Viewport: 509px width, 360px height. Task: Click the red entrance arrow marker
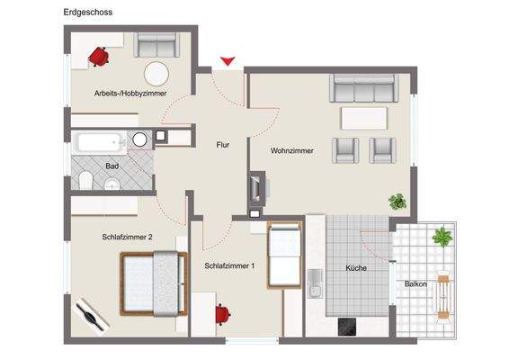pos(228,61)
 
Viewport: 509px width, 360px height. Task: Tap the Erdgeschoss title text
pos(88,13)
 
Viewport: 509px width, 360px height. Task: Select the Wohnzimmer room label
pos(292,150)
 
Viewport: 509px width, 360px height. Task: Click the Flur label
pos(225,144)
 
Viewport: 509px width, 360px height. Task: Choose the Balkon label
pos(415,283)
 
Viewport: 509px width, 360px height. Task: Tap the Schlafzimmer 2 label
pos(126,237)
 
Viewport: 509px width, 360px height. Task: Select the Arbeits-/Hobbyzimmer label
pos(128,93)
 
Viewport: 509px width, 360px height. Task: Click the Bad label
pos(112,166)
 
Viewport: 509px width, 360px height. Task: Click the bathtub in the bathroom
pos(99,141)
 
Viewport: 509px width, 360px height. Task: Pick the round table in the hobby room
pos(158,73)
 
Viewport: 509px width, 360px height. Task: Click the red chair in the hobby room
pos(98,56)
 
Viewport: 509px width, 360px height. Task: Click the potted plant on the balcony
pos(442,238)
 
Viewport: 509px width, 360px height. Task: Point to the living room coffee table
pos(363,118)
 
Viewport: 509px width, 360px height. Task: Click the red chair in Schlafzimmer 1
pos(222,314)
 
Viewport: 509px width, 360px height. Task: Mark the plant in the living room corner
pos(397,201)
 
